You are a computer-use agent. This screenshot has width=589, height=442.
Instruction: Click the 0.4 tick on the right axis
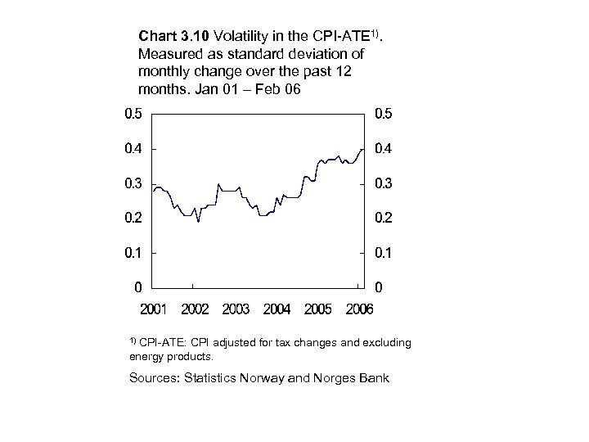[x=382, y=149]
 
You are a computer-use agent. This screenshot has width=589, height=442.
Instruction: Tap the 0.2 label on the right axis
[x=382, y=218]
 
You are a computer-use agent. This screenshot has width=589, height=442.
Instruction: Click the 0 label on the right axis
[x=377, y=287]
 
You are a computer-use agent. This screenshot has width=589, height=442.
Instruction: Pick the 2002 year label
[x=195, y=309]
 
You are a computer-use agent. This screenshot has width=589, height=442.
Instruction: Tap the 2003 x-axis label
[x=236, y=309]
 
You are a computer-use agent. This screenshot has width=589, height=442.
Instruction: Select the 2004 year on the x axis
[x=277, y=309]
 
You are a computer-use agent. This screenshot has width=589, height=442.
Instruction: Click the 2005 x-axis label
[x=318, y=309]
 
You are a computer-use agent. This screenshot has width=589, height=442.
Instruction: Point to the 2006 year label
[x=359, y=309]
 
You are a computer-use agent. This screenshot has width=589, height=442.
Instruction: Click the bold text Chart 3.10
[x=173, y=37]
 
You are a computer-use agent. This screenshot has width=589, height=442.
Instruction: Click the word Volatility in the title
[x=240, y=37]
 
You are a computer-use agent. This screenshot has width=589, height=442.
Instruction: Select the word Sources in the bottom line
[x=154, y=378]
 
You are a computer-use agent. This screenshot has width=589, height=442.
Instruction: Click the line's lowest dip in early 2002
[x=198, y=221]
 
